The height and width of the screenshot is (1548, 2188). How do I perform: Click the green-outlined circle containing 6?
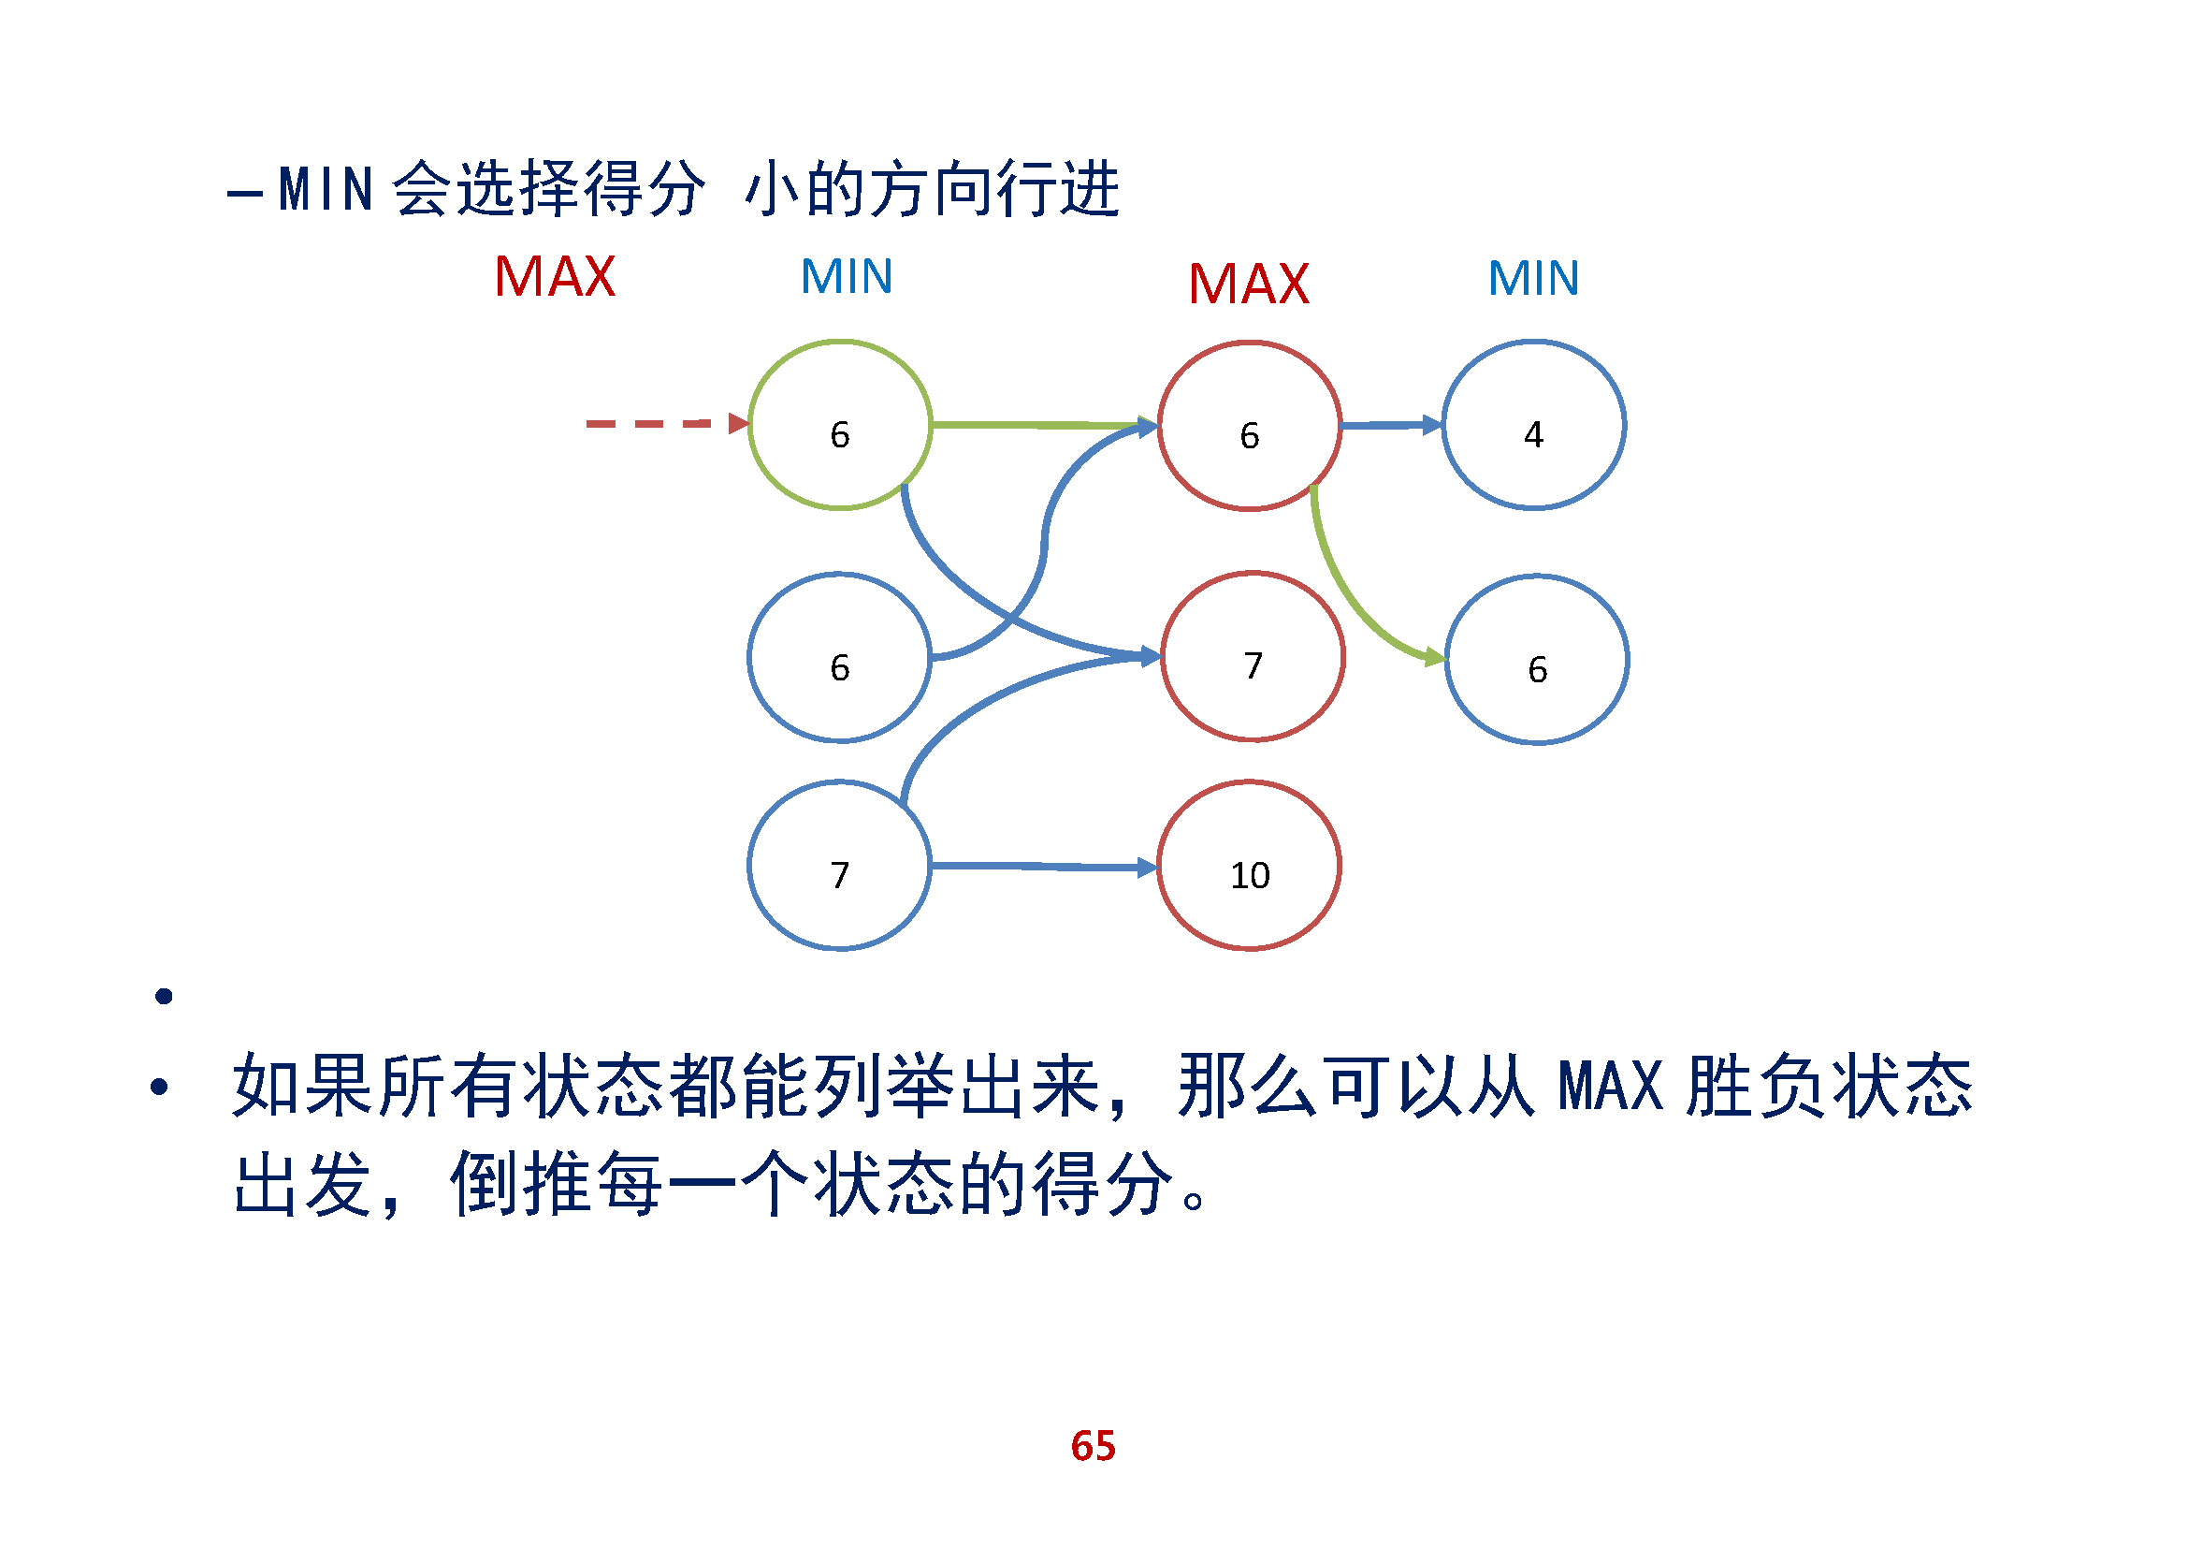839,425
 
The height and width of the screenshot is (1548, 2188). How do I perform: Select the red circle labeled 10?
1250,866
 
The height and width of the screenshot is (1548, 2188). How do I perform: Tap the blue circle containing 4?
1533,425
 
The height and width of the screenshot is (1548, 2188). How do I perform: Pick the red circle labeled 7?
1253,657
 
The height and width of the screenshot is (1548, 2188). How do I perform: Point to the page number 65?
1093,1446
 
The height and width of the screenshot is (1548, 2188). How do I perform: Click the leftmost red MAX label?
555,277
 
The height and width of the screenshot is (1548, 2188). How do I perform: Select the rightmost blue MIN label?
1533,278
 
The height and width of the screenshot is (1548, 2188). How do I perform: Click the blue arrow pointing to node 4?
1391,425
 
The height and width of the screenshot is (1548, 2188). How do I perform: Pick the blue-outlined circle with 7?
839,866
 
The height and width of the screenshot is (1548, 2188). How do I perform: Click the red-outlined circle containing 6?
1250,426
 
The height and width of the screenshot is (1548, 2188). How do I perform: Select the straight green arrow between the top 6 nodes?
1044,424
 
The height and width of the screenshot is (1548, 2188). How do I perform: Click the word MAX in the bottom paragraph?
1611,1086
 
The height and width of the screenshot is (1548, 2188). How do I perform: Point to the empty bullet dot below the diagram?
164,996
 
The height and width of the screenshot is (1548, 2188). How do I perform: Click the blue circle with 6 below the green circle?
839,658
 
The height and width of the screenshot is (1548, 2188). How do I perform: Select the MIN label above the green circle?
847,276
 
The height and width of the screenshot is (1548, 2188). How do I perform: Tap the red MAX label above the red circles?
1249,285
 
